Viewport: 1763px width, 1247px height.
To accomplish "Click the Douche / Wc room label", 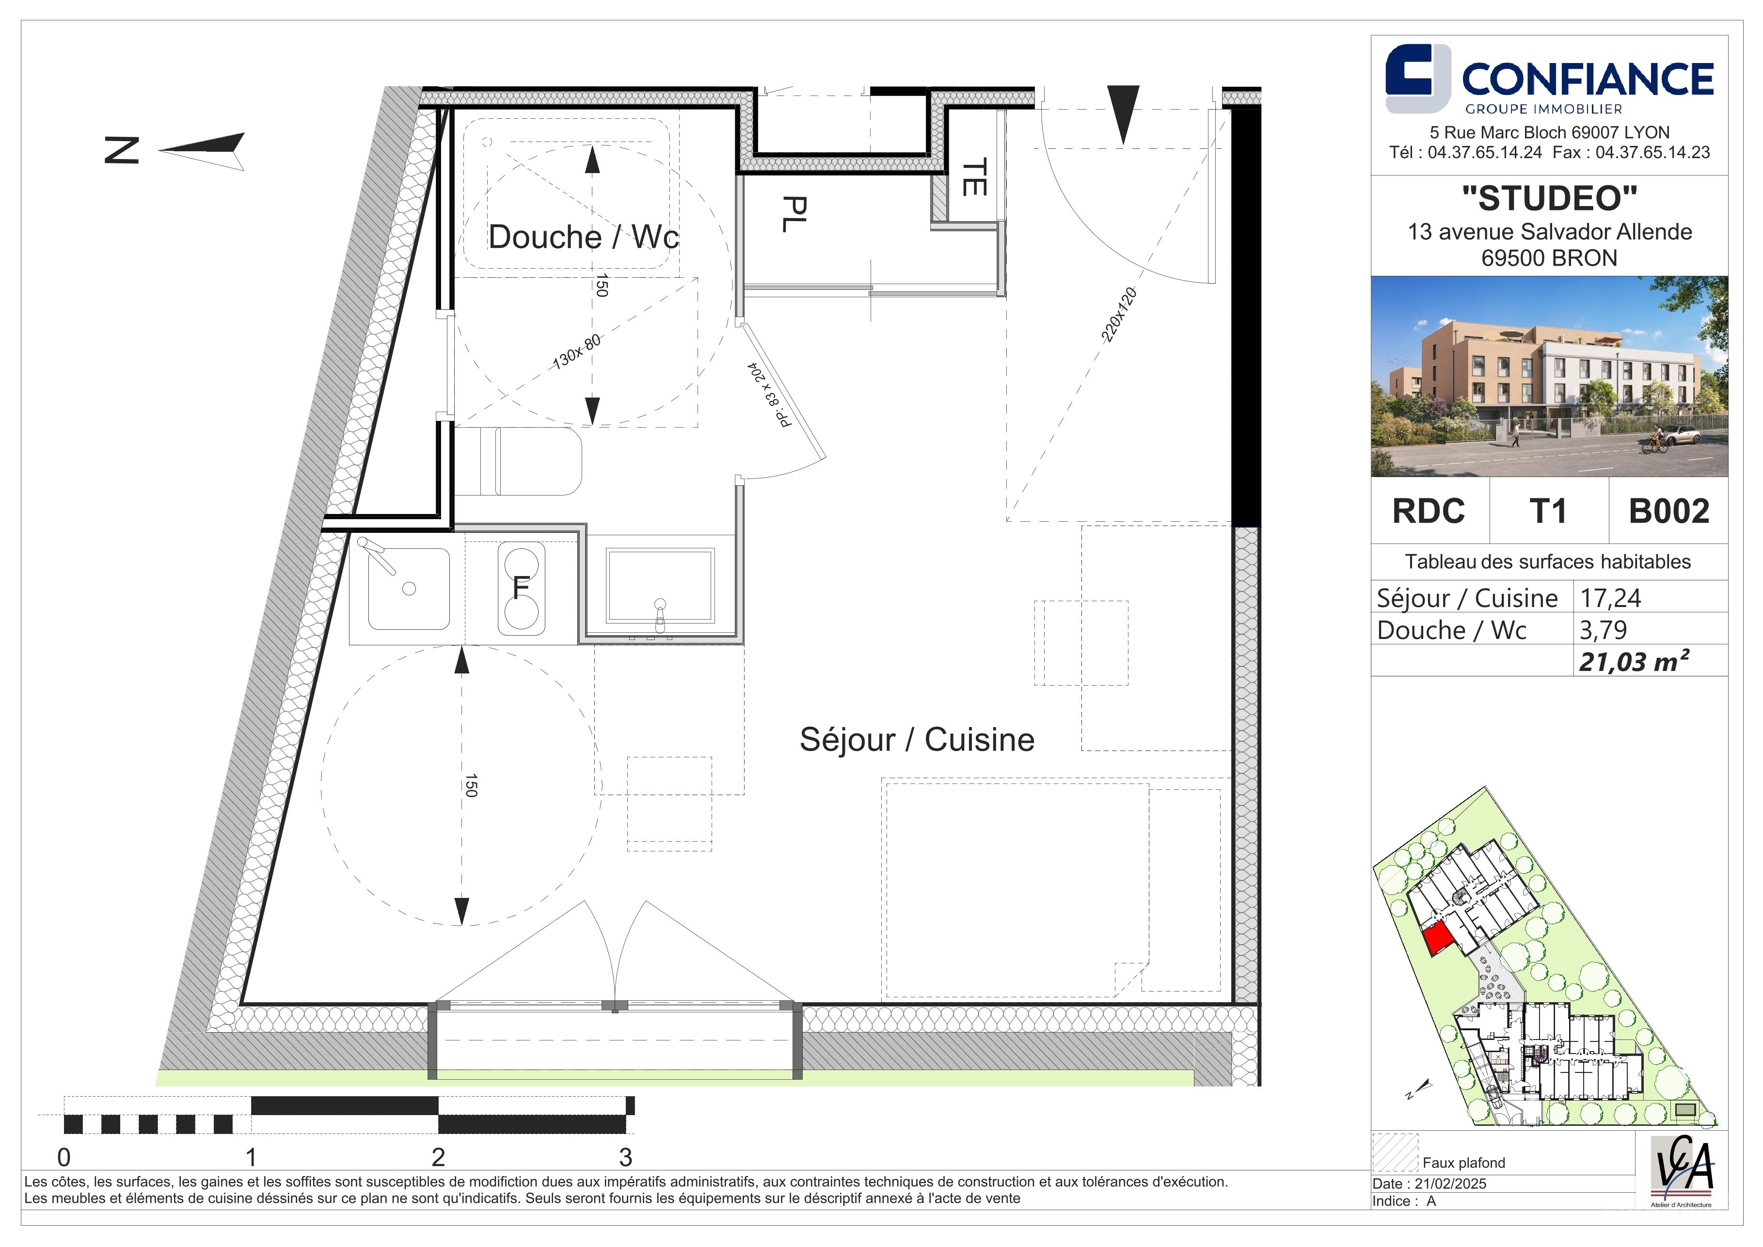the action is pyautogui.click(x=584, y=237).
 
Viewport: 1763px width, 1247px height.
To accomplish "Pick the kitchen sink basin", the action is pyautogui.click(x=409, y=588).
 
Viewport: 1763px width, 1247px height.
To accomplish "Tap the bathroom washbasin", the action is pyautogui.click(x=660, y=585).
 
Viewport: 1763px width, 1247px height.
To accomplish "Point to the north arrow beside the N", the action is pyautogui.click(x=203, y=150).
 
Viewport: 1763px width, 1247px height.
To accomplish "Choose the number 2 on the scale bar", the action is pyautogui.click(x=438, y=1156).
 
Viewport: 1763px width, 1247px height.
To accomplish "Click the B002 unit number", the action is pyautogui.click(x=1668, y=512).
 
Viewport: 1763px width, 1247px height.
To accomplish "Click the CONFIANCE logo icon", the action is pyautogui.click(x=1417, y=79).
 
